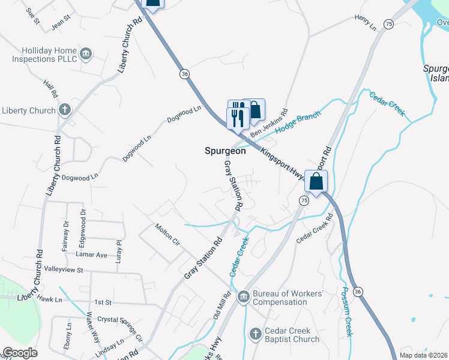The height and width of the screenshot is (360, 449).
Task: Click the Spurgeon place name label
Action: pos(221,151)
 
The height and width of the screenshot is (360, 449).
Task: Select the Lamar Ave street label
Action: pos(93,255)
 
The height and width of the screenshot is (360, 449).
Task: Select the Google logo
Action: pos(20,353)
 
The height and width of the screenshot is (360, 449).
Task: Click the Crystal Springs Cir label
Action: pos(120,329)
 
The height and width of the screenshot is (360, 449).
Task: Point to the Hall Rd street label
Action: pos(50,88)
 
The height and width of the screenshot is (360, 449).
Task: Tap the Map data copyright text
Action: pos(424,355)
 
